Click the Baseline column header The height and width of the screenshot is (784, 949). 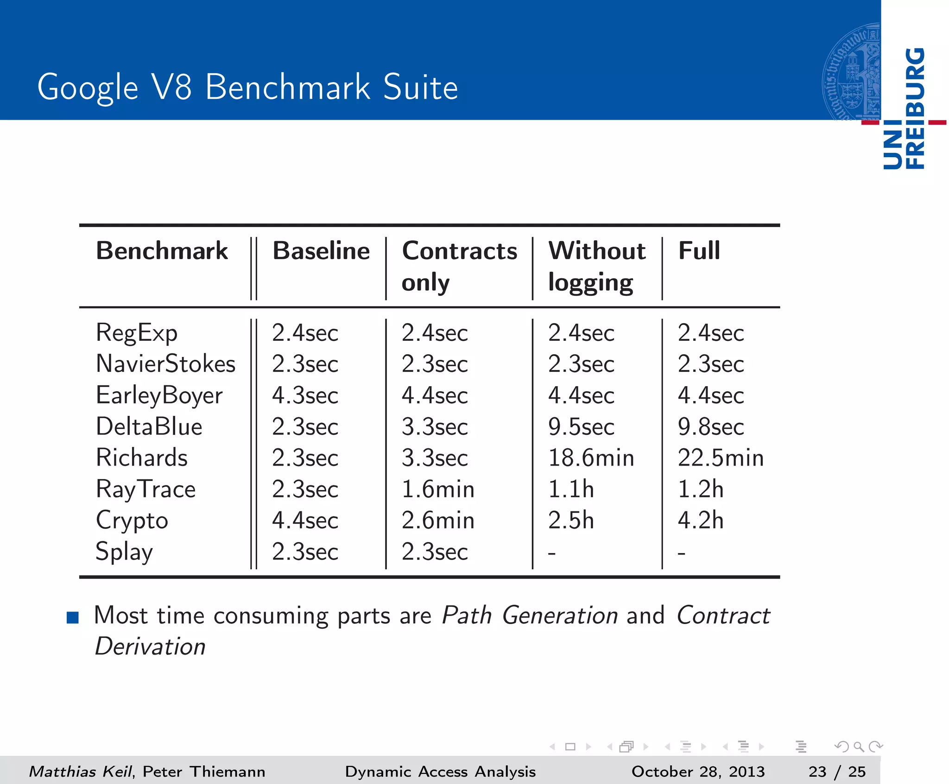[321, 251]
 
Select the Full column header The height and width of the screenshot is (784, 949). [699, 251]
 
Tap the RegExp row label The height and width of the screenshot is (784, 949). [137, 333]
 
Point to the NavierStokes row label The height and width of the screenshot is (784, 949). [165, 364]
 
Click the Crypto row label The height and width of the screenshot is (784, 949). [132, 521]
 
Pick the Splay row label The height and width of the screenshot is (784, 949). [124, 552]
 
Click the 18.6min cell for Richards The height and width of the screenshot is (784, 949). [591, 458]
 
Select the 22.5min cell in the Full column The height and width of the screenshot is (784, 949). [721, 458]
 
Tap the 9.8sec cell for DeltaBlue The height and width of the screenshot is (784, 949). [711, 427]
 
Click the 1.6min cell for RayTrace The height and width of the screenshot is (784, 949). [438, 489]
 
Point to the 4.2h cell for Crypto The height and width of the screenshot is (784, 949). [701, 520]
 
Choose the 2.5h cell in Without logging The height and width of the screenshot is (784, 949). [571, 520]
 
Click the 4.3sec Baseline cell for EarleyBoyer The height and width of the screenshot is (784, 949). [305, 395]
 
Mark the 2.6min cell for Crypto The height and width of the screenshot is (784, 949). [438, 520]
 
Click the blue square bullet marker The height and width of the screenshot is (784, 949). [73, 618]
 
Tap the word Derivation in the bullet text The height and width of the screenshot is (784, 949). [150, 646]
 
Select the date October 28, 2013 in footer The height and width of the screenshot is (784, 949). [698, 771]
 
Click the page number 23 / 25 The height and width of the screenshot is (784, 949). [837, 771]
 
